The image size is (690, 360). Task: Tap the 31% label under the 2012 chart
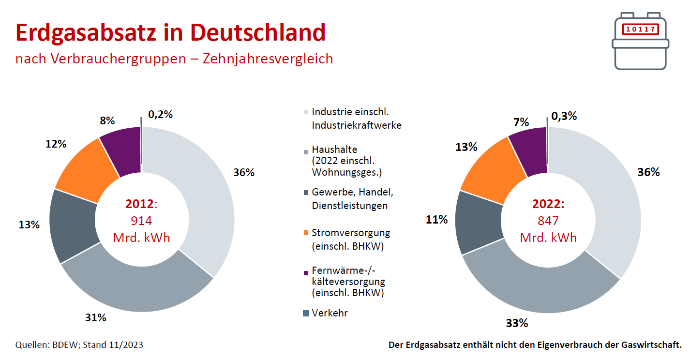tap(96, 317)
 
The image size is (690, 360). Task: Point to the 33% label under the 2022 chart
tap(517, 323)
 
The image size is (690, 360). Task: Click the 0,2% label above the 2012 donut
tap(160, 114)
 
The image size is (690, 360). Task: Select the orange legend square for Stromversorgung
tap(306, 233)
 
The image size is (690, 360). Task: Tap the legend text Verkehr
tap(330, 313)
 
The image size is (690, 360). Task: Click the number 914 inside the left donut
tap(142, 221)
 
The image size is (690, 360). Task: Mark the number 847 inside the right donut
tap(548, 221)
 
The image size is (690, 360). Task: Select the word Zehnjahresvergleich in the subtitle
tap(268, 59)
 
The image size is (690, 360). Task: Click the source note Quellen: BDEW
tap(48, 345)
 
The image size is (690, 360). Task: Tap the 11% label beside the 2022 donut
tap(436, 220)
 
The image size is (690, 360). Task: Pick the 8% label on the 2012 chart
tap(107, 120)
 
